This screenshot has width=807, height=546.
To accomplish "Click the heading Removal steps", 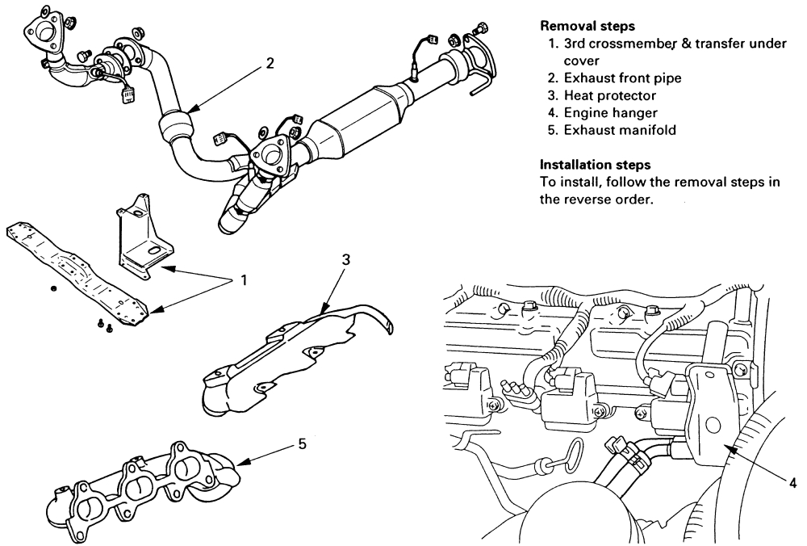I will (578, 27).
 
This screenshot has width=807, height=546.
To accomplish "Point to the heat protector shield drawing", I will (282, 355).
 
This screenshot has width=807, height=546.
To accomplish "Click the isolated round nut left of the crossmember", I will (53, 288).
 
